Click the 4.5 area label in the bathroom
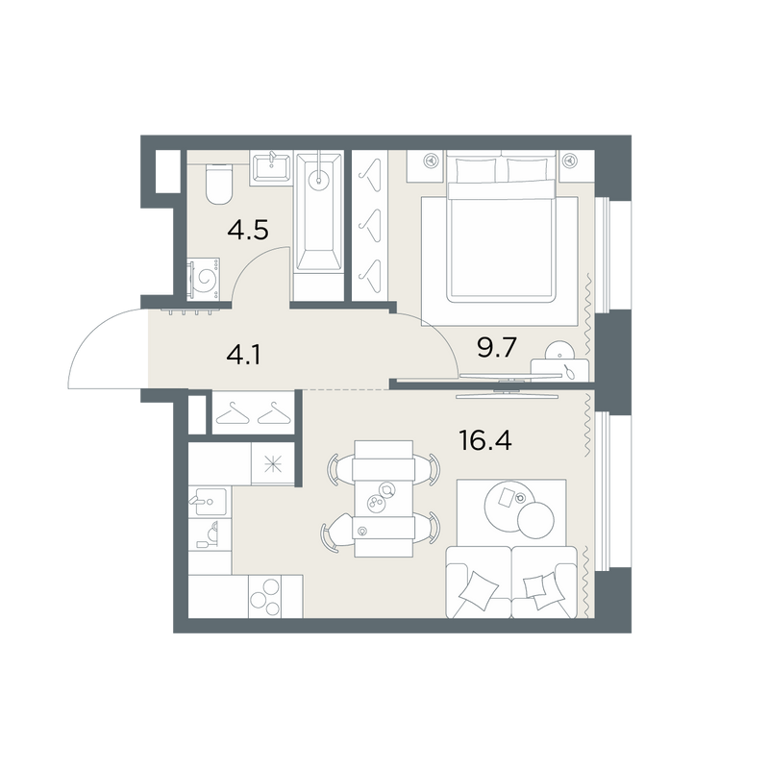tap(248, 230)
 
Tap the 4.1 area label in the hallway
tap(244, 355)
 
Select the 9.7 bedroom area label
tap(497, 348)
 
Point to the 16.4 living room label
tap(485, 440)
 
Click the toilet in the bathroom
tap(219, 185)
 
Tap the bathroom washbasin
tap(270, 167)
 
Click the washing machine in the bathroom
tap(204, 279)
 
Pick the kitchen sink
tap(210, 501)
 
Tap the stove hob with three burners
tap(265, 596)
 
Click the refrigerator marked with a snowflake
tap(273, 463)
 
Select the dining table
tap(383, 498)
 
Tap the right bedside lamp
tap(569, 160)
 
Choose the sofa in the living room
tap(511, 582)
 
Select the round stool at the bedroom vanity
tap(560, 351)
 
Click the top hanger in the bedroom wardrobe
tap(371, 175)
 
